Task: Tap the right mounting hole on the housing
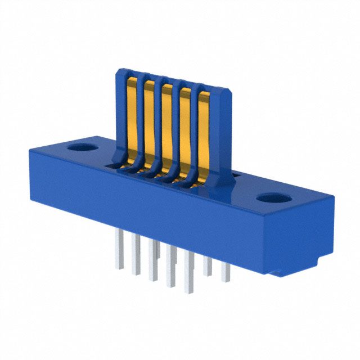pyautogui.click(x=275, y=199)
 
